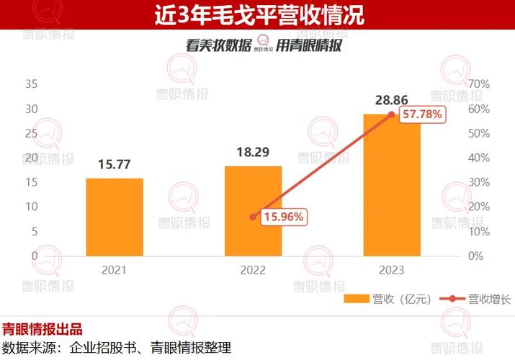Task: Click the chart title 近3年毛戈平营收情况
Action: [x=258, y=14]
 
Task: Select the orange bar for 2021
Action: [x=115, y=217]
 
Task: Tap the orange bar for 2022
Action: [x=253, y=210]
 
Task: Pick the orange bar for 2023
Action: [x=391, y=185]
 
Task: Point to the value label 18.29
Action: [x=253, y=153]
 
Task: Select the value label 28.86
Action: [x=391, y=99]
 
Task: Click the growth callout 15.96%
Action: [x=284, y=216]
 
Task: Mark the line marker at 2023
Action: [x=391, y=114]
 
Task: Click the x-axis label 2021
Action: [x=115, y=270]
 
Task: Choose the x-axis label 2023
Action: [x=391, y=270]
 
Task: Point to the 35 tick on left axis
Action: [x=31, y=84]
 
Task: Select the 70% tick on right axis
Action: [x=478, y=84]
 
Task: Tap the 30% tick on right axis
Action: [x=478, y=182]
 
